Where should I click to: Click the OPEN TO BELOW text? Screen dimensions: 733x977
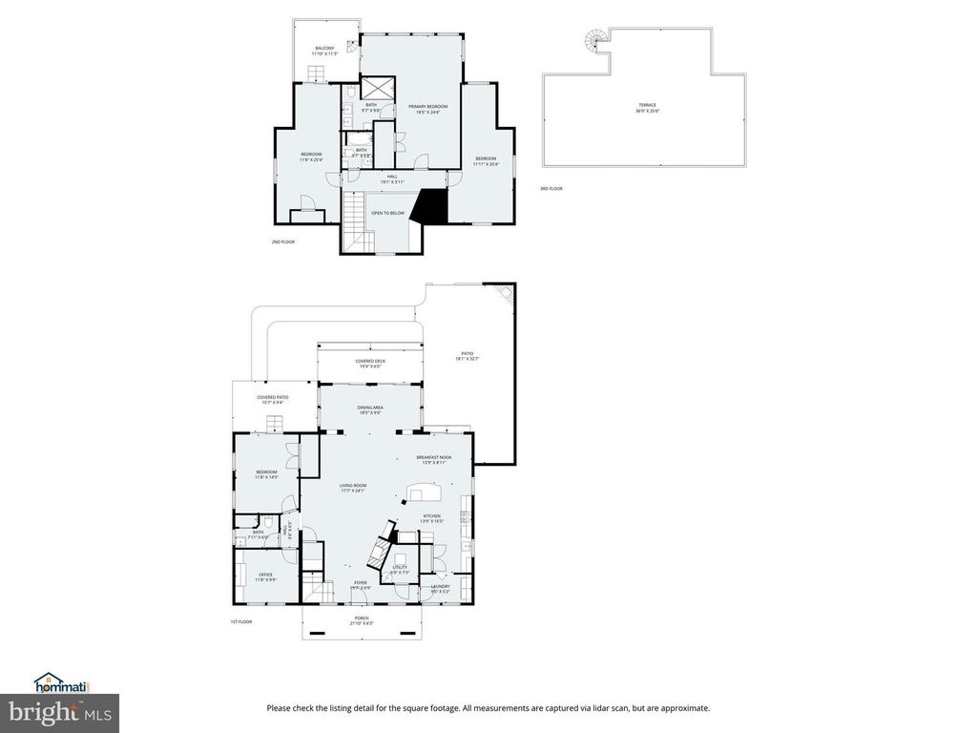coord(387,213)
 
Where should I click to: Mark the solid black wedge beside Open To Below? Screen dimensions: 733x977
coord(431,205)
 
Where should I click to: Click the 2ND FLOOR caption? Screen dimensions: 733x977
coord(283,242)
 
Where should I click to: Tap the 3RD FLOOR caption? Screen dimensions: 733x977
coord(551,189)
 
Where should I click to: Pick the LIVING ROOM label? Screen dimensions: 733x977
coord(353,488)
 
